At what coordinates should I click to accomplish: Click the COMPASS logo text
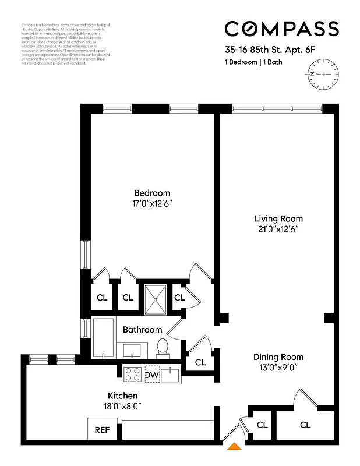click(x=281, y=29)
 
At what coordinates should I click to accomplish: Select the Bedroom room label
click(x=152, y=193)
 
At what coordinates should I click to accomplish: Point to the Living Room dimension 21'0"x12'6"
click(x=278, y=229)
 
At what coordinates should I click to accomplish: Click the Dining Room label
click(x=278, y=356)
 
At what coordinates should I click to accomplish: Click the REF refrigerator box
click(x=103, y=430)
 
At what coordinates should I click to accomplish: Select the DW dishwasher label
click(x=151, y=375)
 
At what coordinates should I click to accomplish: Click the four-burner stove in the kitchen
click(x=132, y=375)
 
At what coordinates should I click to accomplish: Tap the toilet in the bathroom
click(x=163, y=347)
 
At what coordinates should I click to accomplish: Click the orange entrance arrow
click(x=234, y=447)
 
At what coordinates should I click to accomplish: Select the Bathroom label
click(x=142, y=330)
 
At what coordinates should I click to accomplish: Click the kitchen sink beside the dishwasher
click(x=172, y=375)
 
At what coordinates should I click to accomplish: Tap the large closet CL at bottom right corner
click(x=305, y=425)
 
